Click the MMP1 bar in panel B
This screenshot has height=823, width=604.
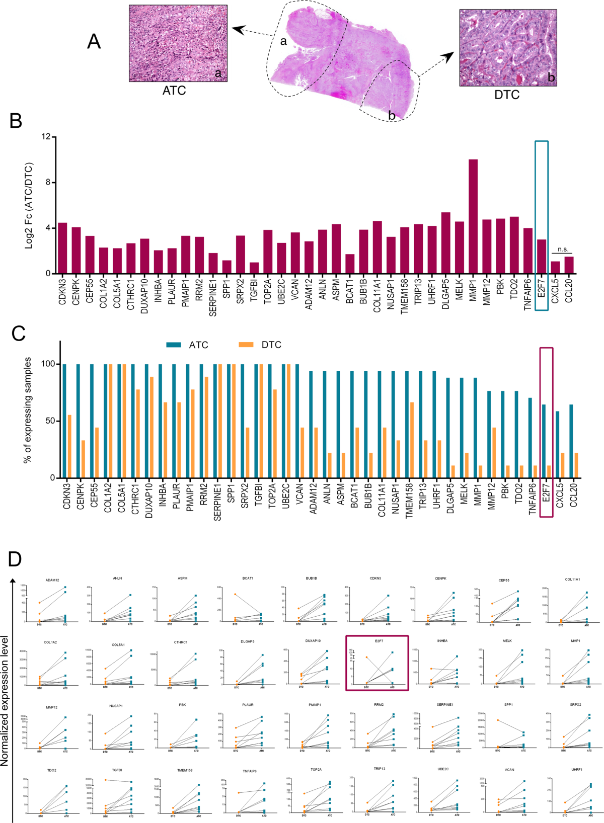(473, 216)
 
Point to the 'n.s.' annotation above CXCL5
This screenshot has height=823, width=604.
(563, 250)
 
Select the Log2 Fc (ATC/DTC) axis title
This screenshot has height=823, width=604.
(29, 205)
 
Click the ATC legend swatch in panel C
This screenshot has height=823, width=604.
(174, 345)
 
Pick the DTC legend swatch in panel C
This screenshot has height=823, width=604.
(246, 345)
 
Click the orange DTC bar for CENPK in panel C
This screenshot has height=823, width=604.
(83, 459)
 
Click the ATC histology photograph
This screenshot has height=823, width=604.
(178, 43)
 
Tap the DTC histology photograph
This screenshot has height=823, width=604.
(508, 48)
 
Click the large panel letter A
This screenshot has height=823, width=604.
(94, 41)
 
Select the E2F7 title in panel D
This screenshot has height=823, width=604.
(379, 641)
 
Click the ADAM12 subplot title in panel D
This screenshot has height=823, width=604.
(52, 580)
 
